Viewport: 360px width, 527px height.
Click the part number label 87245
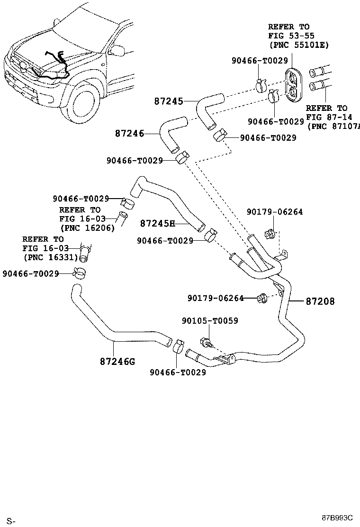[168, 101]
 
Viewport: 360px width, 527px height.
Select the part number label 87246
[129, 134]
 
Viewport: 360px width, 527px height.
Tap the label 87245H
[157, 223]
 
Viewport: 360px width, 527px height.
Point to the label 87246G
[117, 362]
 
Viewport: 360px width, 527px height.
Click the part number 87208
[320, 301]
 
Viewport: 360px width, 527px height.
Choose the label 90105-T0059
[209, 321]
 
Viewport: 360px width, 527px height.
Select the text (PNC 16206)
[87, 227]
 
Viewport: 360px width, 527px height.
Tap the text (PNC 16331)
[50, 257]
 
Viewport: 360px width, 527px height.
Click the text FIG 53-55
[291, 36]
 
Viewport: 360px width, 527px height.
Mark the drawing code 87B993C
[338, 518]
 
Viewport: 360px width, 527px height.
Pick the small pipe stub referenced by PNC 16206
[123, 218]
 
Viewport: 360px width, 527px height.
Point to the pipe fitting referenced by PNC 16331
[85, 252]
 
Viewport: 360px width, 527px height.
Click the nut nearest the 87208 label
[261, 298]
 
